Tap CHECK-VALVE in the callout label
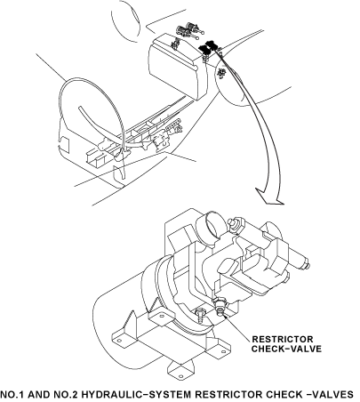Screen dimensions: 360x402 tap(286, 349)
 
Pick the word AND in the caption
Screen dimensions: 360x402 tap(39, 395)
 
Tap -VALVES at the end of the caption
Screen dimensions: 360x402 tap(329, 395)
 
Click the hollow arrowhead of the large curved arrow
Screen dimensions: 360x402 tap(269, 197)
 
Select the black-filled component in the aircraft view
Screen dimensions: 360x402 tap(208, 47)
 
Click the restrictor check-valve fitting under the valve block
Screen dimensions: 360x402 tap(220, 306)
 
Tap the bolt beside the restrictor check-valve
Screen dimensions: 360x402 tap(200, 315)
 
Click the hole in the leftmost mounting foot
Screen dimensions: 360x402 tap(119, 341)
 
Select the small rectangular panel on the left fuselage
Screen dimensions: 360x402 tap(64, 144)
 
